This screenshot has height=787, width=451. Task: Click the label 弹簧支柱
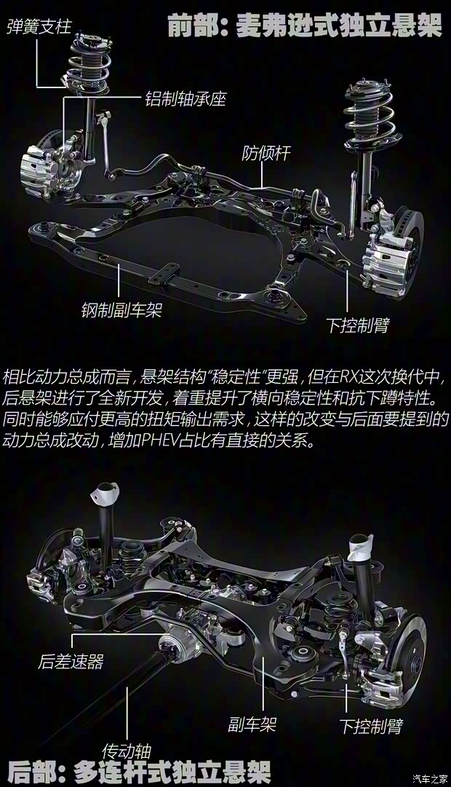(x=39, y=28)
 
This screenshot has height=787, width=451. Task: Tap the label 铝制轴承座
(x=185, y=98)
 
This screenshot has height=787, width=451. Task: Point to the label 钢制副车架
(x=121, y=311)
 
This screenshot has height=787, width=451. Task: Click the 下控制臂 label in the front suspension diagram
(x=357, y=325)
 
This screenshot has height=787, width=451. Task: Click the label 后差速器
(x=71, y=662)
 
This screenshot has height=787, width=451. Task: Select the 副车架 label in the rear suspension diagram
(x=252, y=724)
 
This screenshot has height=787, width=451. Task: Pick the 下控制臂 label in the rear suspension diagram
(x=371, y=726)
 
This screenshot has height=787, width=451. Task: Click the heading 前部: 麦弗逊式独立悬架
(x=304, y=27)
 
